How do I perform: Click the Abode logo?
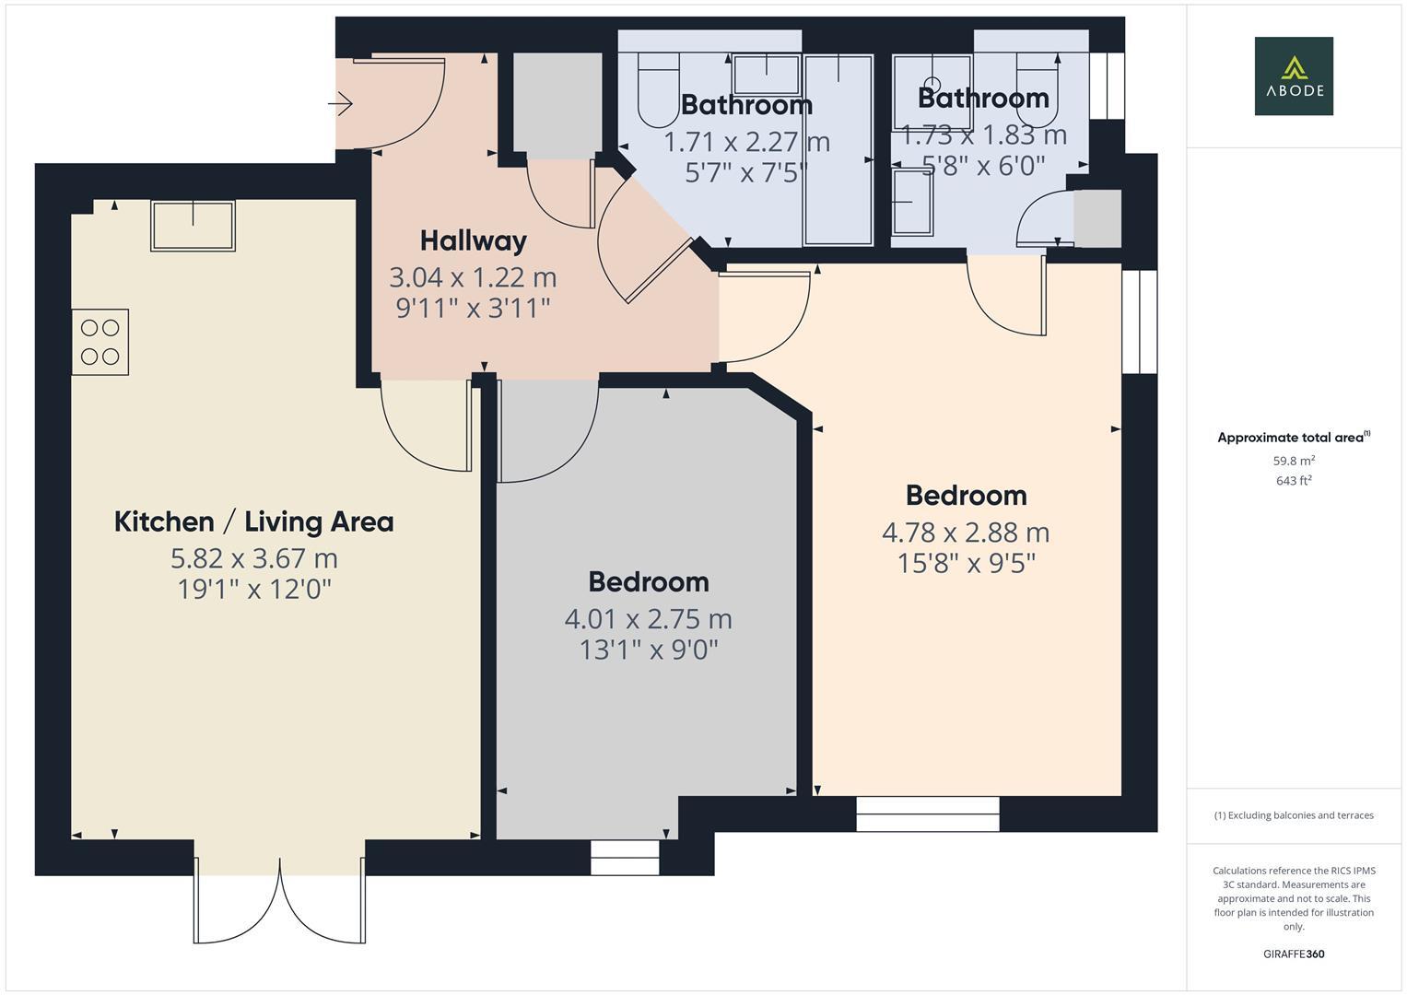1293,76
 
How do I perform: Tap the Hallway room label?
473,241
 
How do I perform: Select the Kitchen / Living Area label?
253,522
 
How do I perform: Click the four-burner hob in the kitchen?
100,342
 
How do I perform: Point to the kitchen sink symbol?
193,225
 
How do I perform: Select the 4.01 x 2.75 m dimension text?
648,619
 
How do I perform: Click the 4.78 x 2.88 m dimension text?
966,533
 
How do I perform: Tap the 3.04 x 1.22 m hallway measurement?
473,277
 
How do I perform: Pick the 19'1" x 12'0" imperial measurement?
253,589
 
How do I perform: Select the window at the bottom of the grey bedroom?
625,858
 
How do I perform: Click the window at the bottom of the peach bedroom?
927,814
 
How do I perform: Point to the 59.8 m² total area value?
1293,461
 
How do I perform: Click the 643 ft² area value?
1293,481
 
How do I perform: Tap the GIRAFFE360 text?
1293,954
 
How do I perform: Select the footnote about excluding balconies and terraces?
1293,815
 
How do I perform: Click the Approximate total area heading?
1293,438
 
